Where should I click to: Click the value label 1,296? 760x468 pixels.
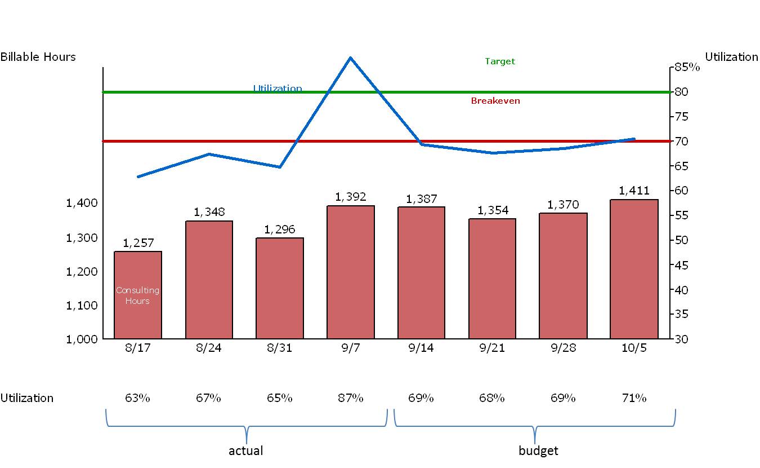279,229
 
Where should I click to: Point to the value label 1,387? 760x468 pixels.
421,198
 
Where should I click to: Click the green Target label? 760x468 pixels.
500,61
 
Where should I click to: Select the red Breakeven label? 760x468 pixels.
495,101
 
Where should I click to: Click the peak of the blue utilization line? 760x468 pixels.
350,58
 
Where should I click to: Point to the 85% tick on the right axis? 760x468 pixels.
687,68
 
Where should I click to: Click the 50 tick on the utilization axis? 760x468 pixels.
681,240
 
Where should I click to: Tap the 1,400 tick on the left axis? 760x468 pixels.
82,203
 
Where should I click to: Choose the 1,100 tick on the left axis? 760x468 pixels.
82,305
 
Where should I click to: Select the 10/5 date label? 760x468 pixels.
634,348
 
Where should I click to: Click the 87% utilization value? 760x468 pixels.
350,398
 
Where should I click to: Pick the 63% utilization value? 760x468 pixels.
137,398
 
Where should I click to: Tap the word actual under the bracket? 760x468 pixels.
246,451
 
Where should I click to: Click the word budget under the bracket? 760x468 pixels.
538,451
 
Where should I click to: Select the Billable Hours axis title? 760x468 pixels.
38,57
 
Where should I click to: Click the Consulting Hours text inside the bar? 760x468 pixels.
137,295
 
